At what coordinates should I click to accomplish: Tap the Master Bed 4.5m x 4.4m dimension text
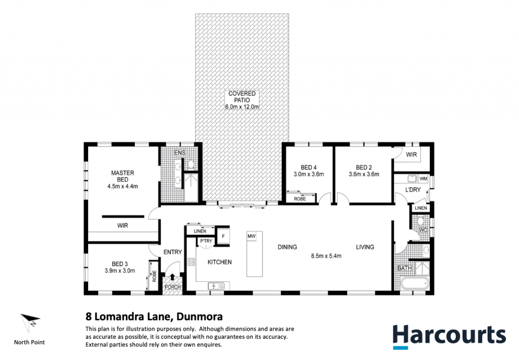pos(123,187)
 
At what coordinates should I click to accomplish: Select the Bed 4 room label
pos(309,168)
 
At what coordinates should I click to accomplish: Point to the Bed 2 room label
pos(364,168)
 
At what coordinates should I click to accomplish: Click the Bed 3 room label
pos(120,264)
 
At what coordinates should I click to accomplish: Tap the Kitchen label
pos(219,262)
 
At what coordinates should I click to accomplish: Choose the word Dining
pos(287,247)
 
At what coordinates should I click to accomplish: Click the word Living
pos(365,247)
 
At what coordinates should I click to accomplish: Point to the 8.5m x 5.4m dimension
pos(326,256)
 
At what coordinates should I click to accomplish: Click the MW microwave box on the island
pos(251,236)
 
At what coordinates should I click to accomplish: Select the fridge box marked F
pos(223,236)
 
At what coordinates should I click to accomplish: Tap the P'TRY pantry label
pos(206,241)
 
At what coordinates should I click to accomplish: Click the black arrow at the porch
pos(172,276)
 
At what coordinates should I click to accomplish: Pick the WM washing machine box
pos(423,179)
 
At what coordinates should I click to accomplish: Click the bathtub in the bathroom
pos(415,284)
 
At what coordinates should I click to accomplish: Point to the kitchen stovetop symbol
pos(191,262)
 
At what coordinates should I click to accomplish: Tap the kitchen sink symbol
pos(216,286)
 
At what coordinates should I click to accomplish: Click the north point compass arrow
pos(30,322)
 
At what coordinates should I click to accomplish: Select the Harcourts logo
pos(449,336)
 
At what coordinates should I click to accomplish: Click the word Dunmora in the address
pos(200,316)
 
